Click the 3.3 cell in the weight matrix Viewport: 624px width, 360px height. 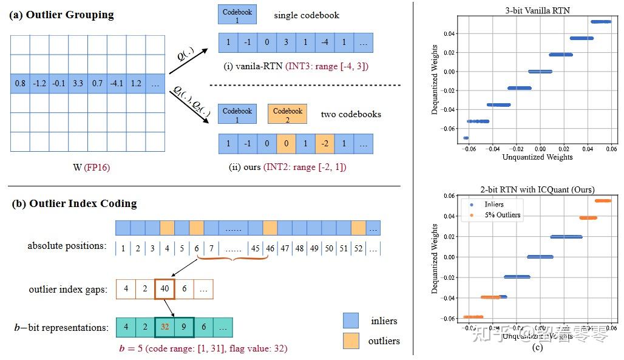(77, 83)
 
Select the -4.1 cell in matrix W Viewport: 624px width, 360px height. (116, 83)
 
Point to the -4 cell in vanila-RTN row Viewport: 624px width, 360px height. (325, 43)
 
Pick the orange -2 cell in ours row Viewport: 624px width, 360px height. (325, 144)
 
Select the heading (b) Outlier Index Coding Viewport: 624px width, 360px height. (74, 203)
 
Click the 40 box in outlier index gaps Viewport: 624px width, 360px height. (164, 289)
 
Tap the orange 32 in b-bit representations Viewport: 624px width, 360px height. (165, 327)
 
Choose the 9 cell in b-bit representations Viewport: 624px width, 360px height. (184, 327)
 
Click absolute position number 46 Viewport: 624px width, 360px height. (270, 248)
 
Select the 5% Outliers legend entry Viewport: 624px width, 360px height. (492, 215)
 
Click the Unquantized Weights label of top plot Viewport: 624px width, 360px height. (537, 157)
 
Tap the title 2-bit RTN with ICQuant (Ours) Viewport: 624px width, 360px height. (537, 189)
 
